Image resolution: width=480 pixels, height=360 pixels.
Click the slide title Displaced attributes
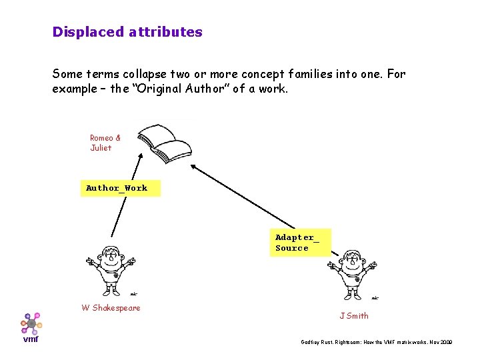coord(127,31)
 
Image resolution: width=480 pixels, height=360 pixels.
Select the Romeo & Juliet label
coord(105,143)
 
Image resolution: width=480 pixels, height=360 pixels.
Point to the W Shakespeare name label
coord(111,308)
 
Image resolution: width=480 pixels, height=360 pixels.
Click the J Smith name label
coord(353,316)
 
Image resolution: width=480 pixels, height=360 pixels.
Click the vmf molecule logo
coord(31,323)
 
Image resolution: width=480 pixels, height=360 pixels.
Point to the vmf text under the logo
coord(31,339)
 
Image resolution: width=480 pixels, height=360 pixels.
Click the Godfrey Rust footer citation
coord(377,341)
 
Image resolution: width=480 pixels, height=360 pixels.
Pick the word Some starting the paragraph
coord(67,73)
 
